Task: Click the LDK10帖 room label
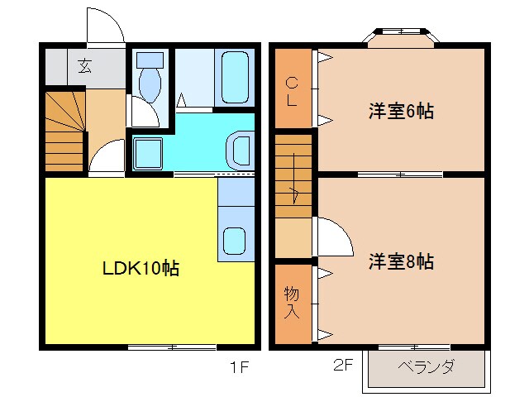141,268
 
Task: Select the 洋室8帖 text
401,262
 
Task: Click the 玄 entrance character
84,67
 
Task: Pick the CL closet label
292,89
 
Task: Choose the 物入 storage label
292,302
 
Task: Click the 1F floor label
239,365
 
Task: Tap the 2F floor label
341,365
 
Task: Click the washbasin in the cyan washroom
242,150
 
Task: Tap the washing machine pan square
149,153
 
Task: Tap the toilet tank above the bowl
150,60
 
